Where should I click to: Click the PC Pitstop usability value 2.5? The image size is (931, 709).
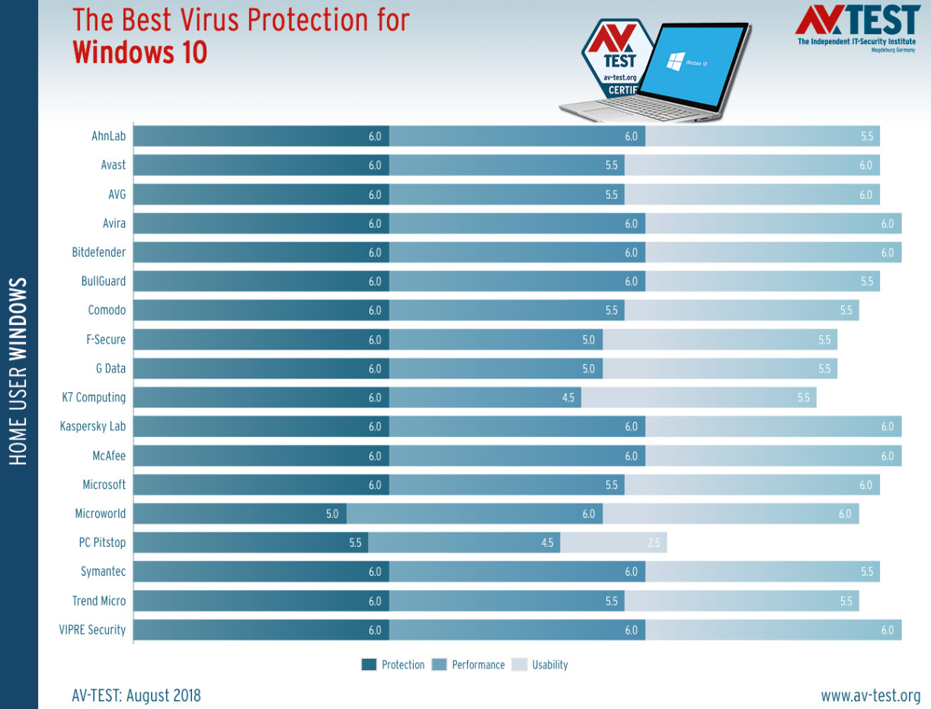pos(654,543)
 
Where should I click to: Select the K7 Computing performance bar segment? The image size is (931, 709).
pos(485,398)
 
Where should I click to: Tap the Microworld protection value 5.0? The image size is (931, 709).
pos(332,514)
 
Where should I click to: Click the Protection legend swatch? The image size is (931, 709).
pos(370,665)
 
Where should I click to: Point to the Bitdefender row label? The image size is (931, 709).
pos(99,252)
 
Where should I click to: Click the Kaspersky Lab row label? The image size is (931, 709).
pos(93,426)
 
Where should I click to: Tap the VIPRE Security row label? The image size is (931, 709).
pos(92,630)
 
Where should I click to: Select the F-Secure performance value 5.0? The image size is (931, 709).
pos(588,340)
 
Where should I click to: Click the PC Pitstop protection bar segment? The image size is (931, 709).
pos(251,543)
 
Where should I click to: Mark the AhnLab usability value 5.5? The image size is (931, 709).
pos(867,136)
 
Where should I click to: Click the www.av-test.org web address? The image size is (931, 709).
pos(870,695)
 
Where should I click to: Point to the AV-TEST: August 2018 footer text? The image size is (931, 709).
pos(136,695)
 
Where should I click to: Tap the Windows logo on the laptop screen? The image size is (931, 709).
pos(674,62)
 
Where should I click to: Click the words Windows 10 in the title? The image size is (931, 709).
pos(140,53)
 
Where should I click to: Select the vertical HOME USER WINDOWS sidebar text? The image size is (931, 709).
pos(19,372)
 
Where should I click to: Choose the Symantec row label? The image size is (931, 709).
pos(104,572)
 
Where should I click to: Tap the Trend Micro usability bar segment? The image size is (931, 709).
pos(741,601)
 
